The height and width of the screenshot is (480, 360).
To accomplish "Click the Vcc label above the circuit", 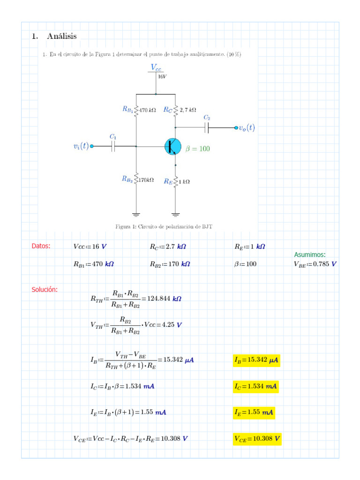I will pyautogui.click(x=156, y=68).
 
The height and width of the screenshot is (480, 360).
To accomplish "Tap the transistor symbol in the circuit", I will pyautogui.click(x=173, y=146).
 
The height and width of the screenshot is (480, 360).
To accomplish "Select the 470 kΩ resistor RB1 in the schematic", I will pyautogui.click(x=136, y=110).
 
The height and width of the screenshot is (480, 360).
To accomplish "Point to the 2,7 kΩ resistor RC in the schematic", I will pyautogui.click(x=175, y=110).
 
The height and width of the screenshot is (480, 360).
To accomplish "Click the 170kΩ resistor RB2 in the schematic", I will pyautogui.click(x=136, y=179).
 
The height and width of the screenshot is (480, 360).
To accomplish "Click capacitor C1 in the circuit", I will pyautogui.click(x=113, y=146).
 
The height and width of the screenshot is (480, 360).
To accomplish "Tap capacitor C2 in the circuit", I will pyautogui.click(x=207, y=127).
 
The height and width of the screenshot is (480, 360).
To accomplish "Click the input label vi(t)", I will pyautogui.click(x=81, y=146).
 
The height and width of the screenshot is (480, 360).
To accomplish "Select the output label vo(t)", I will pyautogui.click(x=247, y=127).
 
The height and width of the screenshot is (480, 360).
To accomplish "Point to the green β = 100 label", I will pyautogui.click(x=197, y=149).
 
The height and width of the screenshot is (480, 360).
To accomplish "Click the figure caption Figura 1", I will pyautogui.click(x=164, y=226).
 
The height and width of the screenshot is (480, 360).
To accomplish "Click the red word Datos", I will pyautogui.click(x=41, y=246).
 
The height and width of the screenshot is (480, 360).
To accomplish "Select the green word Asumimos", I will pyautogui.click(x=310, y=255).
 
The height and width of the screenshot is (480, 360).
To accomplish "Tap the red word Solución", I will pyautogui.click(x=45, y=289).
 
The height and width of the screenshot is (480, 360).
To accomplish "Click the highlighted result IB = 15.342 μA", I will pyautogui.click(x=256, y=360).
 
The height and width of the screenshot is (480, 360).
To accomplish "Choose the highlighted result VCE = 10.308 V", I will pyautogui.click(x=257, y=439).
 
